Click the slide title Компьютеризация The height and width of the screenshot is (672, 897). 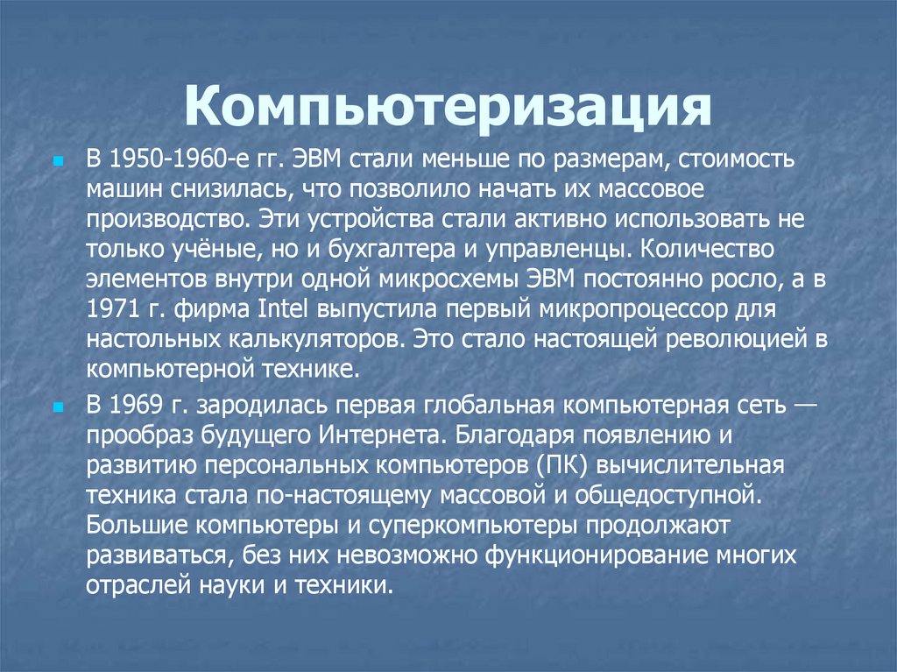(447, 109)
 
